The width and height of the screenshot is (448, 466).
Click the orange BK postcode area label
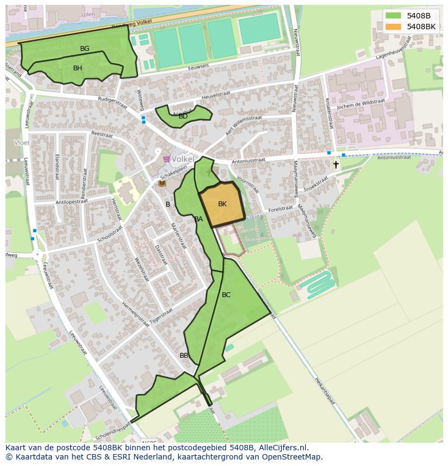click(x=222, y=204)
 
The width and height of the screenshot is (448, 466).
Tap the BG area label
click(x=84, y=49)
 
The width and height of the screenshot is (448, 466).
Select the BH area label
click(x=77, y=68)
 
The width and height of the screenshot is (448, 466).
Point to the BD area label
click(x=183, y=116)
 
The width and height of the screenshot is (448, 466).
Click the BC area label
click(x=226, y=295)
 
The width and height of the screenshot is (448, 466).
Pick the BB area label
click(x=184, y=356)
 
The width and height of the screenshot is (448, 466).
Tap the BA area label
click(x=199, y=219)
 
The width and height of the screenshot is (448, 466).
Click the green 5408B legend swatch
click(x=393, y=15)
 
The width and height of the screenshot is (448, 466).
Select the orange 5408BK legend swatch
click(x=393, y=26)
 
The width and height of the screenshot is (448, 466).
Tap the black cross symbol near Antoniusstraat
click(x=336, y=165)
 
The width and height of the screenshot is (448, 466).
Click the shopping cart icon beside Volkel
click(x=166, y=159)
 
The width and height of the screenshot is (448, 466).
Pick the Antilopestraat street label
click(x=71, y=202)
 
